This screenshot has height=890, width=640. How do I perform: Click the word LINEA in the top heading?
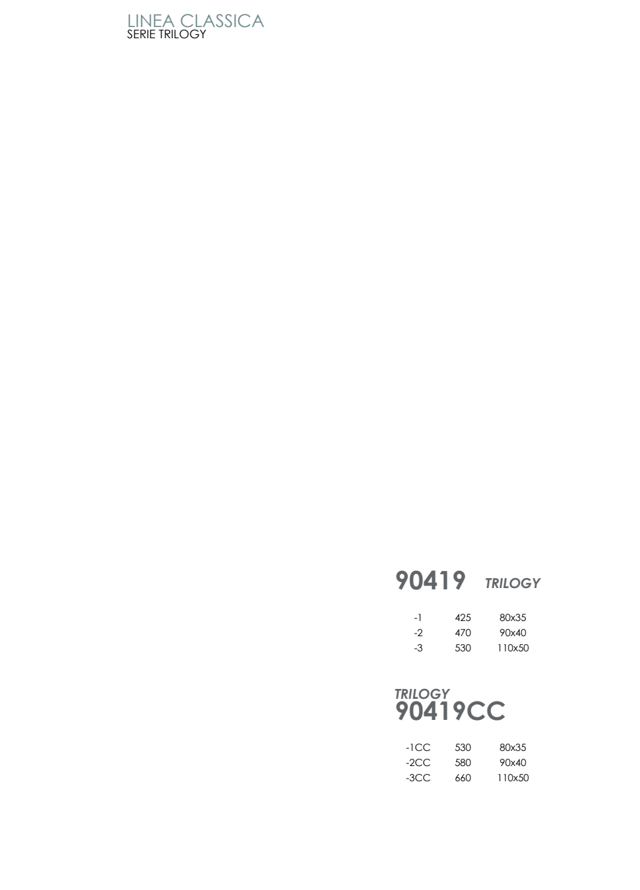pos(150,21)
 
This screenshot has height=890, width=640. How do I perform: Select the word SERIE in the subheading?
pos(141,34)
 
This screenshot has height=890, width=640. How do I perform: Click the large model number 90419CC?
pos(450,711)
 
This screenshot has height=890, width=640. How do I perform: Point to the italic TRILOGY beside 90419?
pos(512,583)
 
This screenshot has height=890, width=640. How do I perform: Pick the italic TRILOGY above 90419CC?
pos(422,694)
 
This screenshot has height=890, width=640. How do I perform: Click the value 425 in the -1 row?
pos(463,618)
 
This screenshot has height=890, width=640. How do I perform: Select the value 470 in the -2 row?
pos(463,632)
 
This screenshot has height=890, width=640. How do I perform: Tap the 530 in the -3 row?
pos(463,647)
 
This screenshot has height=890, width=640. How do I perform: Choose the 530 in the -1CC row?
pos(463,748)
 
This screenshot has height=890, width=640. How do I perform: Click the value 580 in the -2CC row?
pos(463,763)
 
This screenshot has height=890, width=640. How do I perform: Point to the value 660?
pos(463,777)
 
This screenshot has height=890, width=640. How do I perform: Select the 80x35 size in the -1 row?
pos(513,618)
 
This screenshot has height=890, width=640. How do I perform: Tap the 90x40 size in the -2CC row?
pos(513,763)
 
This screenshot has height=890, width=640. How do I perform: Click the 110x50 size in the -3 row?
pos(513,647)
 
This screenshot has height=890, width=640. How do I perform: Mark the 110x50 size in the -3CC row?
pos(513,777)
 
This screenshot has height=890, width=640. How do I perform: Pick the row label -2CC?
pos(418,763)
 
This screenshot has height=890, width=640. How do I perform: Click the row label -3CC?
pos(418,777)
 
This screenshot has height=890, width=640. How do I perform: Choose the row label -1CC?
pos(418,748)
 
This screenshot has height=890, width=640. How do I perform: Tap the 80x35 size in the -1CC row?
pos(513,748)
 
